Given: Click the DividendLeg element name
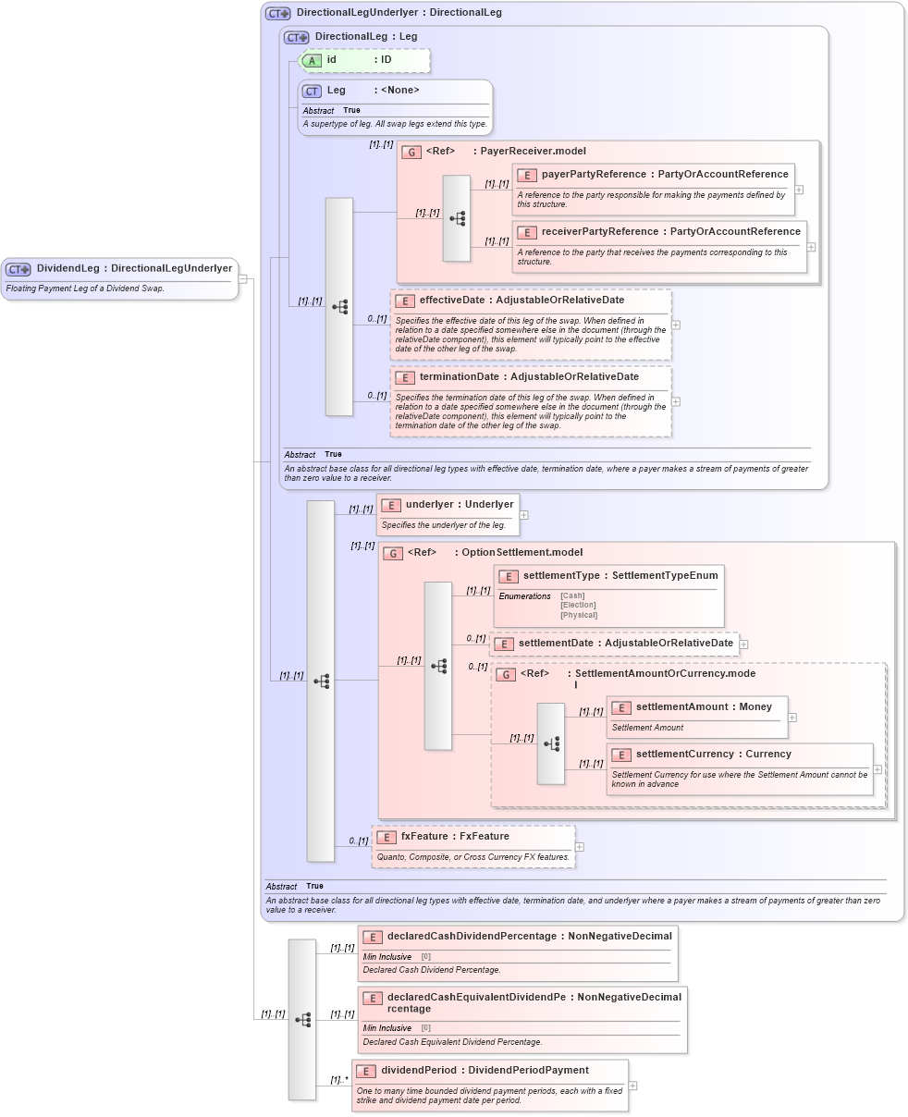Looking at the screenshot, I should click(67, 268).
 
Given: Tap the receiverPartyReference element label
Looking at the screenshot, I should click(600, 232).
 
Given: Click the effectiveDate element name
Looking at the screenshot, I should click(450, 301).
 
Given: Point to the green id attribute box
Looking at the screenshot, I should click(364, 60).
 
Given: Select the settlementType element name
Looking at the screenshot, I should click(561, 576).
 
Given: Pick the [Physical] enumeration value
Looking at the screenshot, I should click(579, 615).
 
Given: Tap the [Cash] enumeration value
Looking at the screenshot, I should click(572, 596).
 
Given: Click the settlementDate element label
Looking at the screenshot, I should click(556, 644).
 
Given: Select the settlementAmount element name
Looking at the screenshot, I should click(681, 707).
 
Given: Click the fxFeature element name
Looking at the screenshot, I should click(423, 837).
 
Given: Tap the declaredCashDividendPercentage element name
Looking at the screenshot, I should click(472, 937).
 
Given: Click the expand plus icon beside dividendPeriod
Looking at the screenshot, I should click(632, 1086).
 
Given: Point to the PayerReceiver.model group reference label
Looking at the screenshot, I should click(533, 152).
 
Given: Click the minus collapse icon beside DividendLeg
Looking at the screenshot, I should click(242, 278).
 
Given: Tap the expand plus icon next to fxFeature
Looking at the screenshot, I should click(580, 847).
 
